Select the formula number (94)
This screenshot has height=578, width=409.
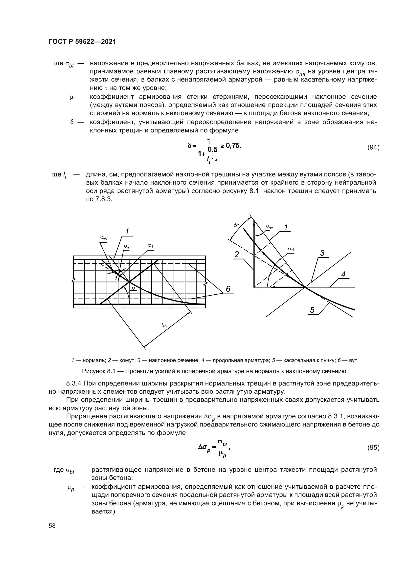tap(373, 148)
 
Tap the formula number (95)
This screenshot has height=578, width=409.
tap(373, 448)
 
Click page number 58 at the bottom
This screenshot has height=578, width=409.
tap(52, 526)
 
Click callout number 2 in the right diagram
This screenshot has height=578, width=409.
tap(237, 255)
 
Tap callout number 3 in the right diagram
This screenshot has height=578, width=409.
tap(322, 253)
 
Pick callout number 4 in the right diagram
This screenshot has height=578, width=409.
tap(343, 274)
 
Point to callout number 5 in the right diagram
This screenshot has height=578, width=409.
tap(312, 310)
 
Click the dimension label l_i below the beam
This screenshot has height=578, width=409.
tap(164, 325)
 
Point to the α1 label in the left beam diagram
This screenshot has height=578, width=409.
tap(150, 245)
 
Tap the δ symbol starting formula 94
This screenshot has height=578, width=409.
tap(189, 146)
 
